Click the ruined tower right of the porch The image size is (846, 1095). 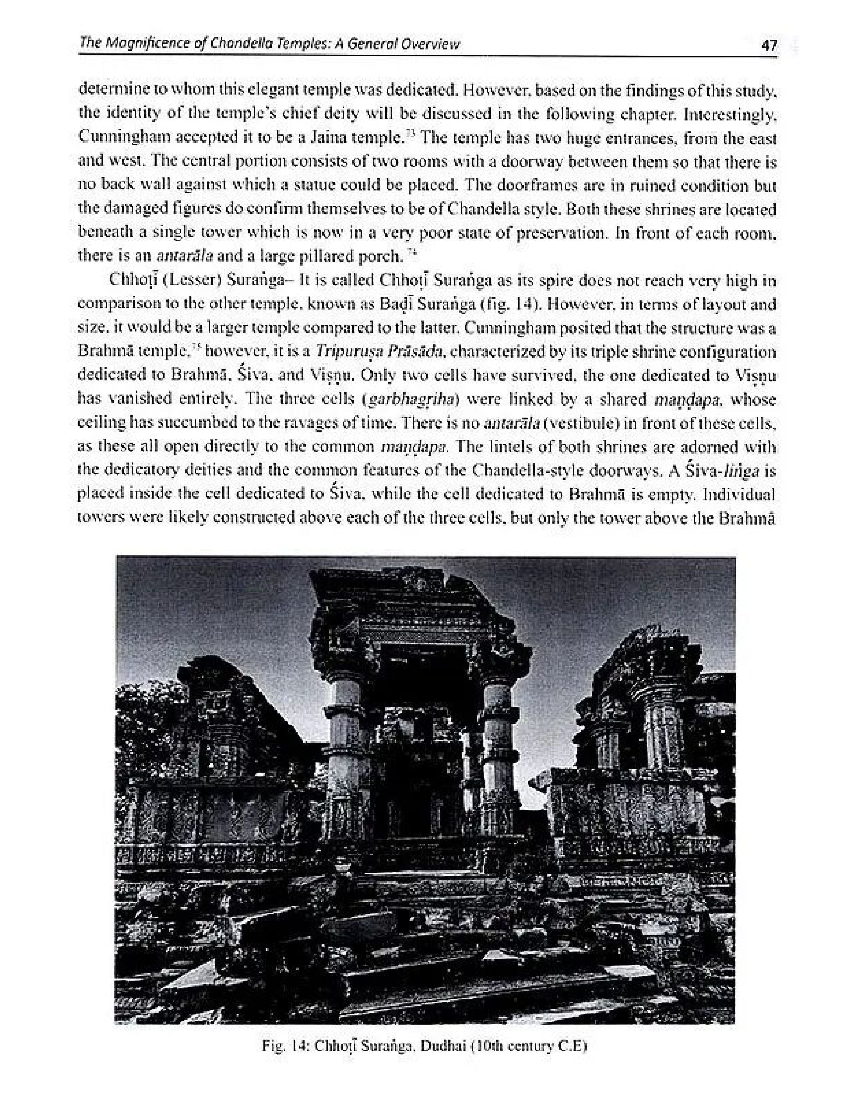(647, 702)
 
